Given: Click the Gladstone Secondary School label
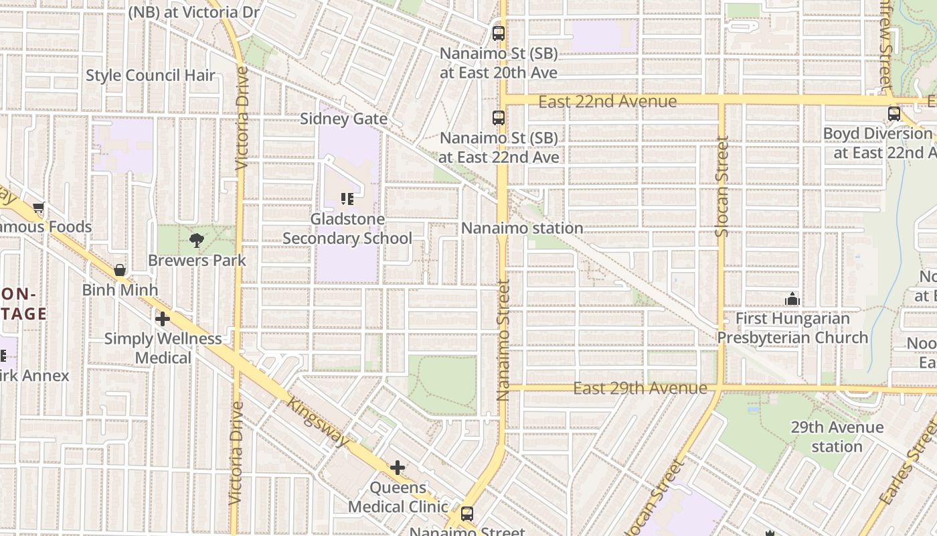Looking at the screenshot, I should click(347, 228).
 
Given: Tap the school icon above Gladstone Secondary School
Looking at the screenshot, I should click(347, 199).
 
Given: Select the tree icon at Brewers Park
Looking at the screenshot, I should click(197, 240).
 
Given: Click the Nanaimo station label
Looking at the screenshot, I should click(522, 228).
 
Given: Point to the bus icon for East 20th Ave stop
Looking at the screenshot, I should click(499, 33).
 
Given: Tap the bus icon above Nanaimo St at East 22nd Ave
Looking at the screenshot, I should click(499, 118).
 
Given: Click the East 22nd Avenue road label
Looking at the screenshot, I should click(608, 101).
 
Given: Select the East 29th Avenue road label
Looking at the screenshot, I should click(641, 388).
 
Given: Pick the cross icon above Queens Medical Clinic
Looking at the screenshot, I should click(398, 467).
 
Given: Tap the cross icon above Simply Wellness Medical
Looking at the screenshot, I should click(162, 319).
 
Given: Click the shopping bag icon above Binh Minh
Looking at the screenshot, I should click(120, 270).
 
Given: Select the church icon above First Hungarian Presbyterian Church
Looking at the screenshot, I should click(792, 299).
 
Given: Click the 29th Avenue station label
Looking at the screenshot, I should click(837, 437).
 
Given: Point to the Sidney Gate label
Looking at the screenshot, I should click(343, 119).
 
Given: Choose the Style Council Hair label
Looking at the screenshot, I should click(151, 75).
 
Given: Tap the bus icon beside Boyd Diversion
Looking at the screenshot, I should click(894, 114).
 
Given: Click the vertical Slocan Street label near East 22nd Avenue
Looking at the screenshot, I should click(721, 186).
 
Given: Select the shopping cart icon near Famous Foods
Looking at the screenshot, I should click(39, 208).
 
